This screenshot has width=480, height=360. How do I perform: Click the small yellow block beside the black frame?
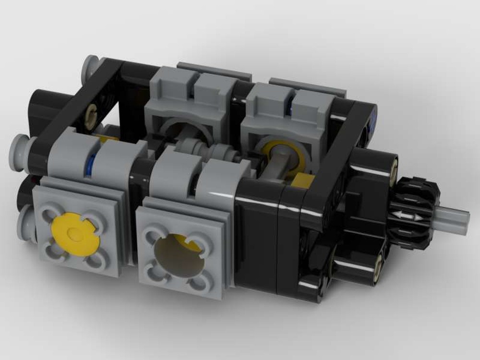[302, 181]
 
